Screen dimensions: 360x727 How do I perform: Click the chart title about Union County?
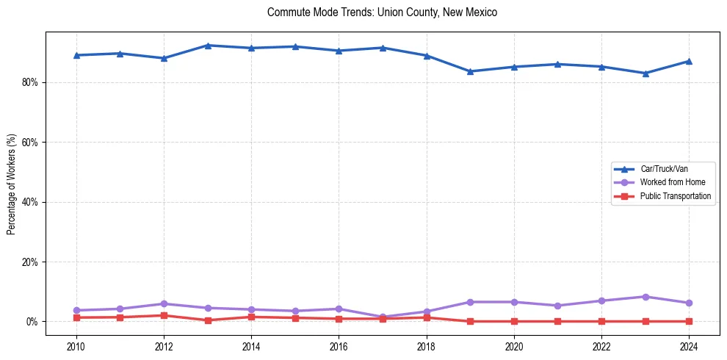point(382,12)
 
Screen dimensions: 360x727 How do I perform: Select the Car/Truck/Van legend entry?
point(664,169)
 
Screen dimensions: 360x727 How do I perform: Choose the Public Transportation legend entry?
point(675,196)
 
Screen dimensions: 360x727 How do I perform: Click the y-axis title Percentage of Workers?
point(12,184)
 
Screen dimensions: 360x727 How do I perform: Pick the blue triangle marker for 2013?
point(208,46)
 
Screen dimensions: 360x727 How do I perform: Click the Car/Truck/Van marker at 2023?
point(645,73)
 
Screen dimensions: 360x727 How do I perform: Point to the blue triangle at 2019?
point(470,71)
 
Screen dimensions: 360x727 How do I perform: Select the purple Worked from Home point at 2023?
point(645,297)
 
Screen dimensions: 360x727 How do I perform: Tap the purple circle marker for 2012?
point(164,303)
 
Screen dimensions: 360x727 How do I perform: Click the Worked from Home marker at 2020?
point(514,302)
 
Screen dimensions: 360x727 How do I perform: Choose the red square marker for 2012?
point(164,315)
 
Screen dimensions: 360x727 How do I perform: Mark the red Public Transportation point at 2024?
point(689,321)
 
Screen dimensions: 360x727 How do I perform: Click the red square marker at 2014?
point(251,317)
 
